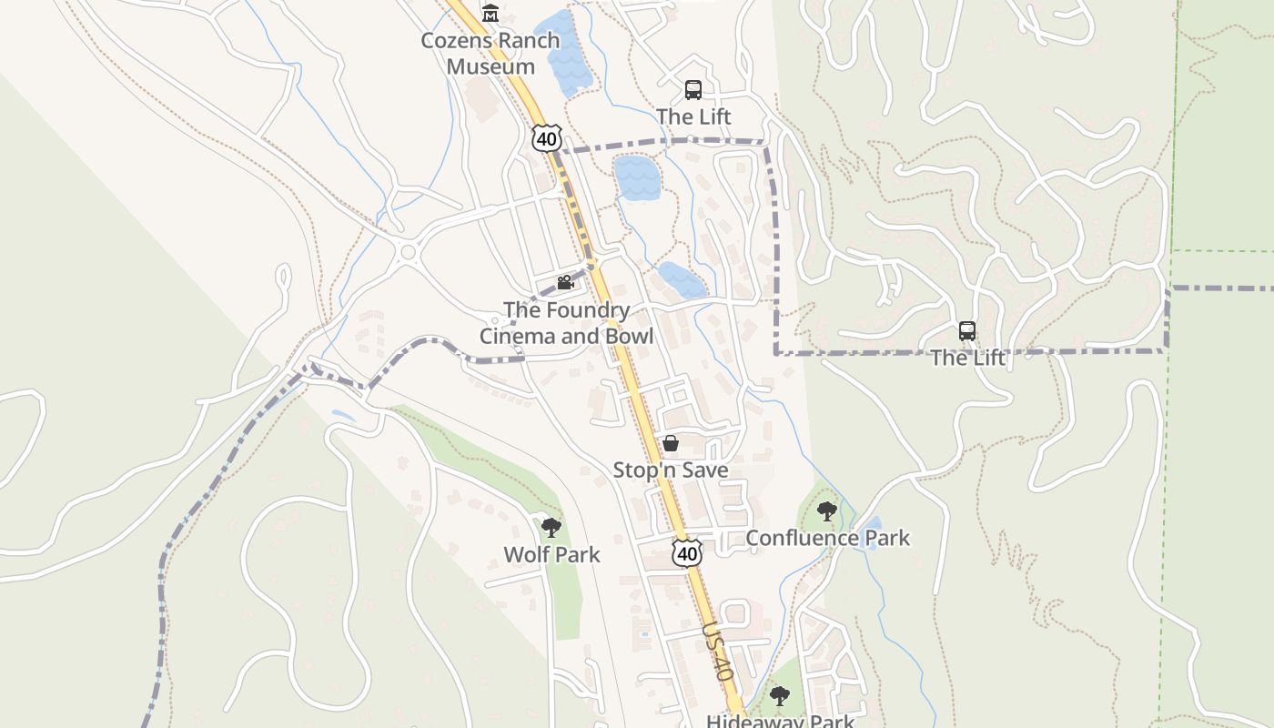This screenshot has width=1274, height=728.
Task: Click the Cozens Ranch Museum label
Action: pyautogui.click(x=490, y=54)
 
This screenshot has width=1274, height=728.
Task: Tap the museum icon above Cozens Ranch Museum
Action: pyautogui.click(x=491, y=13)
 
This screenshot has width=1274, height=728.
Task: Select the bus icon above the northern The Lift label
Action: pyautogui.click(x=693, y=90)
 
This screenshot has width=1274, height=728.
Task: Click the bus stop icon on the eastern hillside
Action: pyautogui.click(x=967, y=331)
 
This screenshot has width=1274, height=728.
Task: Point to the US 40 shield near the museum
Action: pyautogui.click(x=546, y=138)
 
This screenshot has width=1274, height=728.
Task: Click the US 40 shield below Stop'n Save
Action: pyautogui.click(x=688, y=552)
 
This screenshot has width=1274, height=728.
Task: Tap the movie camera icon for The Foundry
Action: pyautogui.click(x=565, y=282)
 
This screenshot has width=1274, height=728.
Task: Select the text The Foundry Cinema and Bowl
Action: pyautogui.click(x=566, y=323)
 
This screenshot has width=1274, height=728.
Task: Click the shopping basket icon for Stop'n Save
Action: pyautogui.click(x=671, y=443)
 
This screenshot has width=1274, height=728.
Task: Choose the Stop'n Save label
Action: pyautogui.click(x=671, y=470)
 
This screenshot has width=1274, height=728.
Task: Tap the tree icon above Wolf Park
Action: pyautogui.click(x=551, y=527)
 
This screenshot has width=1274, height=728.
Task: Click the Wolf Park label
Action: pyautogui.click(x=551, y=554)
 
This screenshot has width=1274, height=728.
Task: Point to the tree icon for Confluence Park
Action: pyautogui.click(x=826, y=511)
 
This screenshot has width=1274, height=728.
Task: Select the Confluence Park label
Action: pyautogui.click(x=827, y=538)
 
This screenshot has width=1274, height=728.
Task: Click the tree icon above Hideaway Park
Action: pyautogui.click(x=779, y=697)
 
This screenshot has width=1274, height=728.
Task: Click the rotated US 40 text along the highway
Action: pyautogui.click(x=718, y=652)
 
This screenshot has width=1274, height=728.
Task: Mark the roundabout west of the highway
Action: pyautogui.click(x=407, y=252)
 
